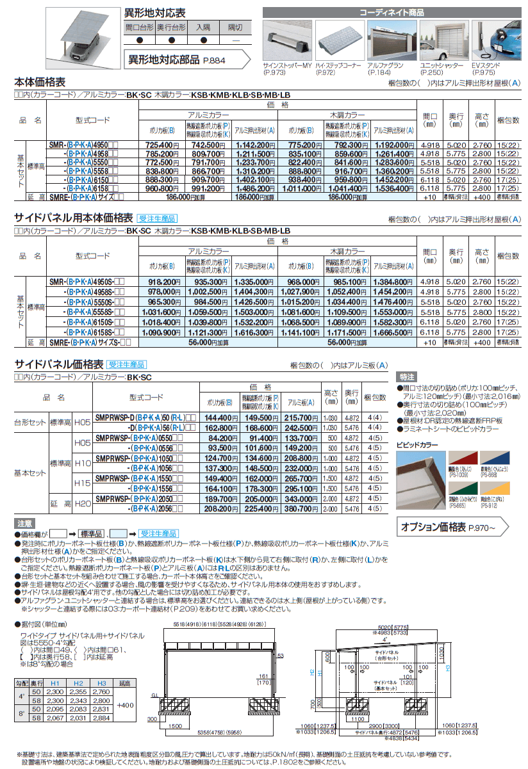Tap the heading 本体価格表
(x=40, y=82)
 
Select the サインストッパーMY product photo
(x=286, y=42)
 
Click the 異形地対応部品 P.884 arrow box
(x=186, y=61)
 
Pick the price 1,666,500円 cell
(x=392, y=334)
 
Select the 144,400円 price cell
(x=220, y=417)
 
